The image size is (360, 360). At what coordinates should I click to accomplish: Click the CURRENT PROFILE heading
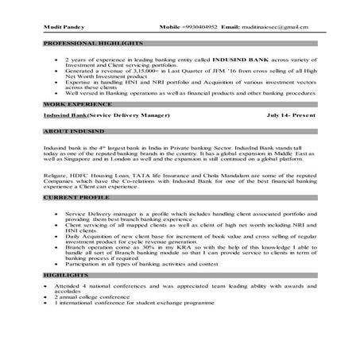73,196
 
